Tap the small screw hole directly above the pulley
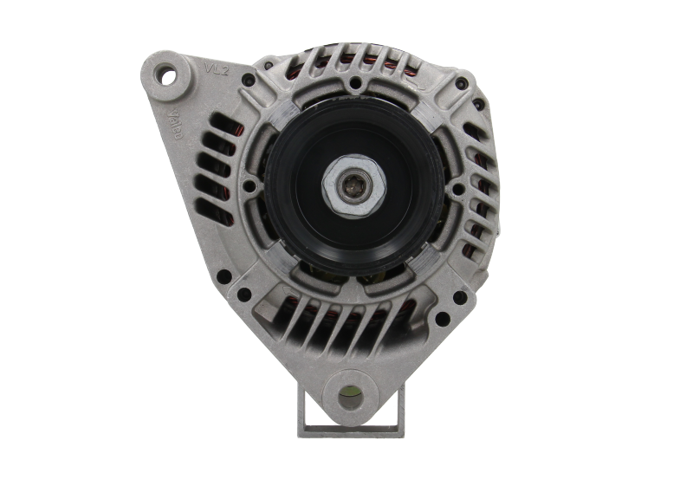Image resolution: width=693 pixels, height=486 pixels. pyautogui.click(x=354, y=83)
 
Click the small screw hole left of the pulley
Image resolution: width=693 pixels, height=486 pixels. pyautogui.click(x=249, y=185)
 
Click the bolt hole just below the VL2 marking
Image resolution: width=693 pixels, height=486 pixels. pyautogui.click(x=249, y=79)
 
